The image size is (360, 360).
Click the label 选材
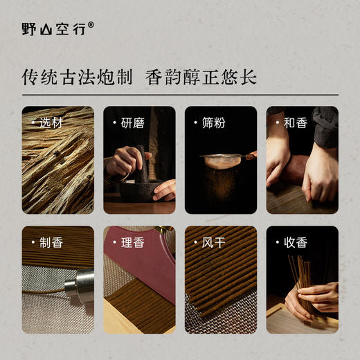point(48,123)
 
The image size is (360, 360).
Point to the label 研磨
point(129,123)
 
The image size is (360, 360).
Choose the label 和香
point(293,123)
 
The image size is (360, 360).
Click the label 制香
point(48,242)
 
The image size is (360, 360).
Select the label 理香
point(129,242)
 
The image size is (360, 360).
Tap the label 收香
point(293,242)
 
